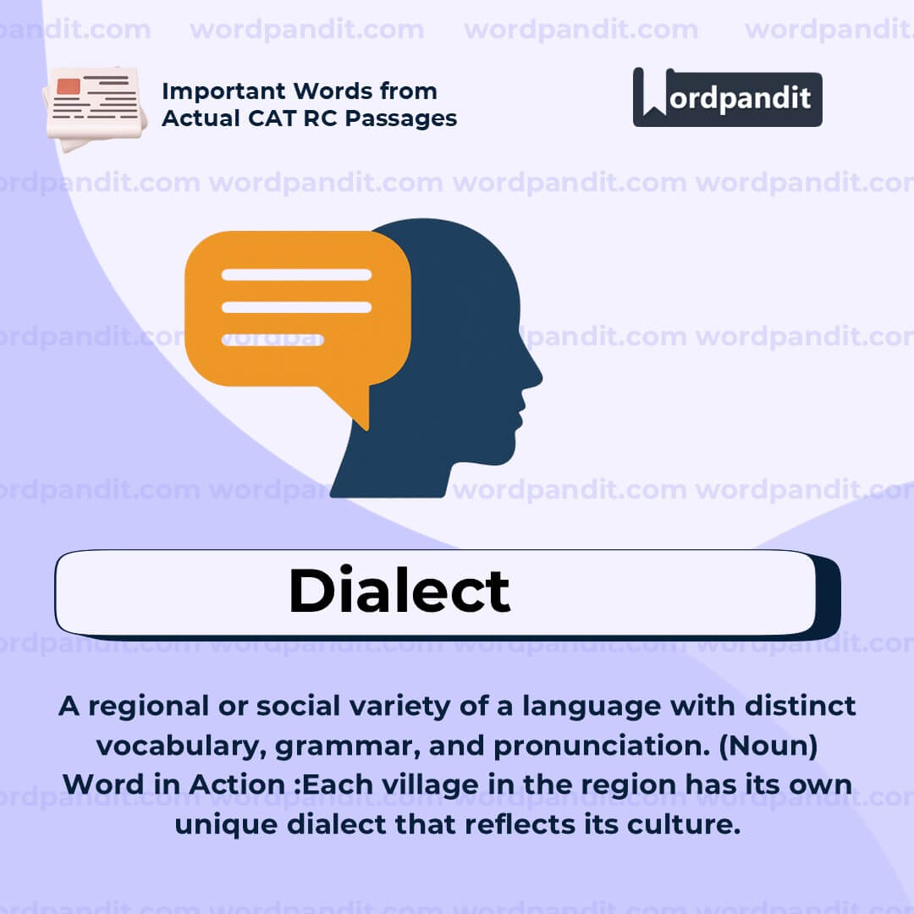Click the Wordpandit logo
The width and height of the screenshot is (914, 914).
click(x=727, y=97)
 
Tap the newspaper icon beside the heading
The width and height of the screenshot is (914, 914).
click(x=94, y=106)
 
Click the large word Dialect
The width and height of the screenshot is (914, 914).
click(x=399, y=591)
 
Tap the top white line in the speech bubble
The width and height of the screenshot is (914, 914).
click(x=296, y=275)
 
